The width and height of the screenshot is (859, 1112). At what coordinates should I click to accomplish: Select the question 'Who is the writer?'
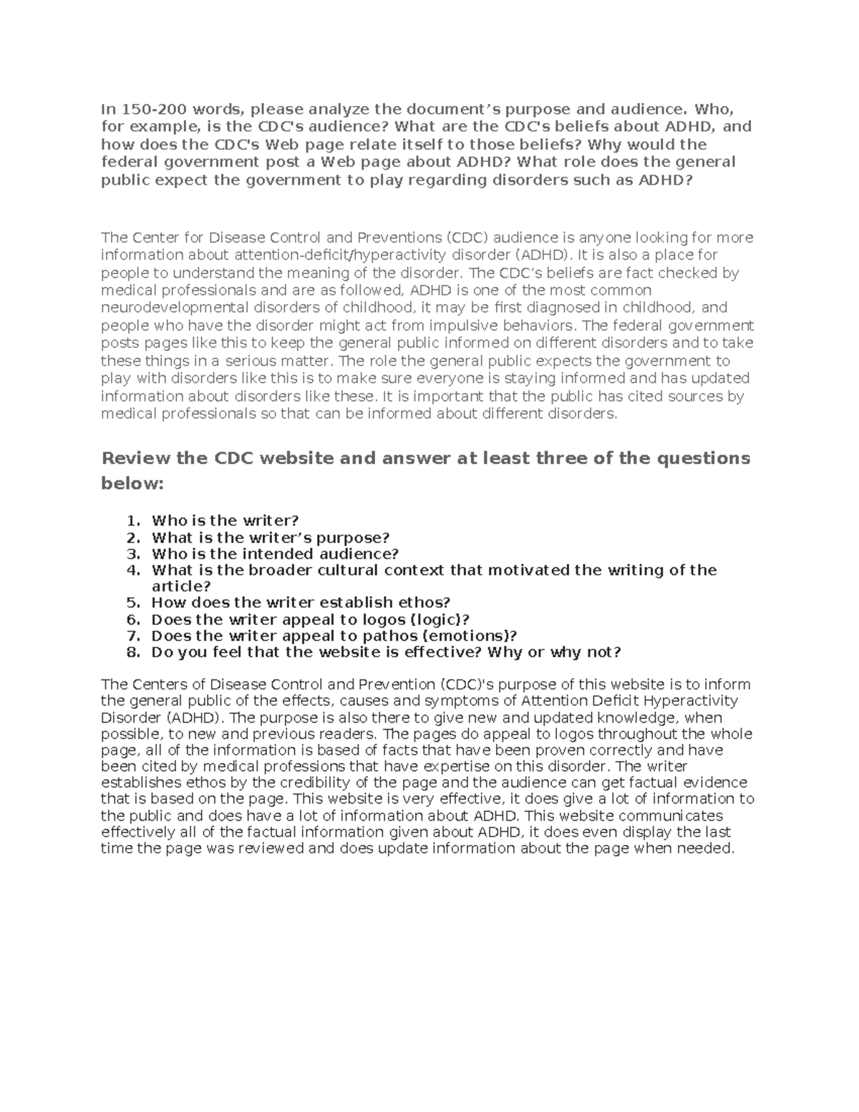click(x=225, y=521)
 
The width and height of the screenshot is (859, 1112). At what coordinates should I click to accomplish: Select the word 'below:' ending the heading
click(x=132, y=484)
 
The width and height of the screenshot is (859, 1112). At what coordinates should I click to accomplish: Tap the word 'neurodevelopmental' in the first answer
click(x=169, y=308)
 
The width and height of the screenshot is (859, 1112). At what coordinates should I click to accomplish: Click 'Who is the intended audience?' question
click(x=275, y=553)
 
